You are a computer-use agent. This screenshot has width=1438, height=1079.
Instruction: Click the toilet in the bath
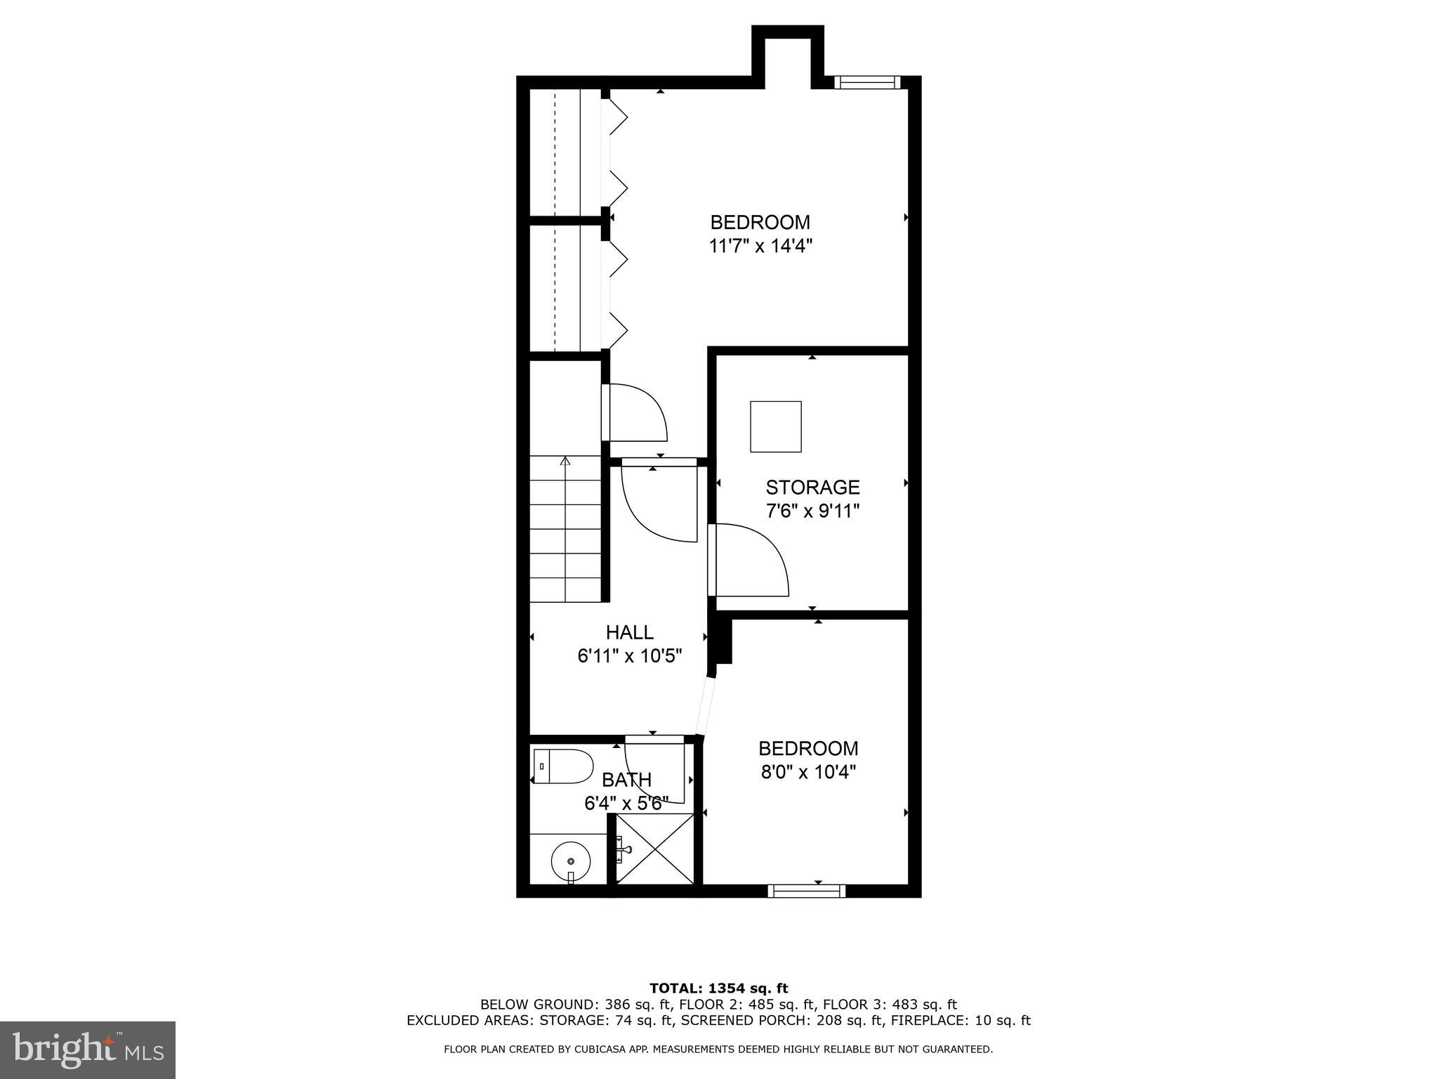pyautogui.click(x=563, y=766)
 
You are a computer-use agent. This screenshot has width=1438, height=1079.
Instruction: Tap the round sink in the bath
pyautogui.click(x=570, y=861)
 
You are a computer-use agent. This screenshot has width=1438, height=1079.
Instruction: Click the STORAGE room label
pyautogui.click(x=812, y=487)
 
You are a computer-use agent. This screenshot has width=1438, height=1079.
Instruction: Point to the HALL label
pyautogui.click(x=629, y=632)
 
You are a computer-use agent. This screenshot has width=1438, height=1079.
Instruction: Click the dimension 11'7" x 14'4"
pyautogui.click(x=760, y=247)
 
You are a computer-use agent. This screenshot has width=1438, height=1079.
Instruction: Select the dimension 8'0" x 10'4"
pyautogui.click(x=808, y=773)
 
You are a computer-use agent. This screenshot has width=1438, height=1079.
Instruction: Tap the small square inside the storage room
pyautogui.click(x=776, y=426)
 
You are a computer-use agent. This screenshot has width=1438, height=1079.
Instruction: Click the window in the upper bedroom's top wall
pyautogui.click(x=867, y=83)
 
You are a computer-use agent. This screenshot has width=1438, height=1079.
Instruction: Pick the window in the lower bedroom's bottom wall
pyautogui.click(x=806, y=891)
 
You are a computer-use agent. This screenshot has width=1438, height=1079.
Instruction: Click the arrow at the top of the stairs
pyautogui.click(x=565, y=461)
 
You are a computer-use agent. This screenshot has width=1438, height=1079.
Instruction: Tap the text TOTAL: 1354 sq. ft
pyautogui.click(x=718, y=988)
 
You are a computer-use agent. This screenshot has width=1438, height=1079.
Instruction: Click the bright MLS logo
pyautogui.click(x=88, y=1049)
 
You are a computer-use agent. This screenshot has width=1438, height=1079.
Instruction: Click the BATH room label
pyautogui.click(x=626, y=780)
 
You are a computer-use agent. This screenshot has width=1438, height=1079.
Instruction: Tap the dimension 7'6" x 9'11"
pyautogui.click(x=812, y=511)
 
